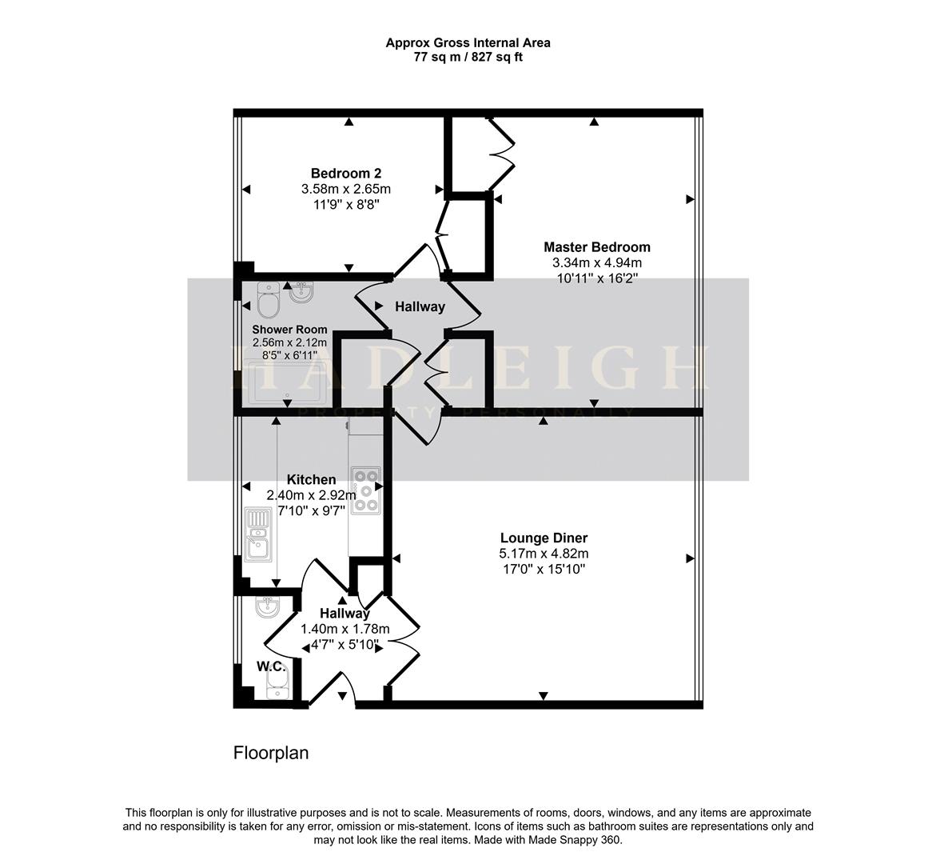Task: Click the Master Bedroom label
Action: pos(596,247)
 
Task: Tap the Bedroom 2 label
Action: pos(345,174)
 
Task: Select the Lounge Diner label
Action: pos(544,538)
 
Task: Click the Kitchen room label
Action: pos(311,479)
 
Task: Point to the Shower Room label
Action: pos(289,330)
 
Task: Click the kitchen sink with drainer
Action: pos(258,534)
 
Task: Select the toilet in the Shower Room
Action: pos(268,301)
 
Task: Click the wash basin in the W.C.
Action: pos(267,608)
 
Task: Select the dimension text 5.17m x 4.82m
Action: pos(544,554)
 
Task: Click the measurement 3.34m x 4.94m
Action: pos(596,262)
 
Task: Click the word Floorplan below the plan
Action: pos(270,753)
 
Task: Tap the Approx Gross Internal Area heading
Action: pos(468,43)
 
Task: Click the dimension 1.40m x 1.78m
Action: pos(345,629)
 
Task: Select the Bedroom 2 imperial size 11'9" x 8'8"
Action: pos(345,204)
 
